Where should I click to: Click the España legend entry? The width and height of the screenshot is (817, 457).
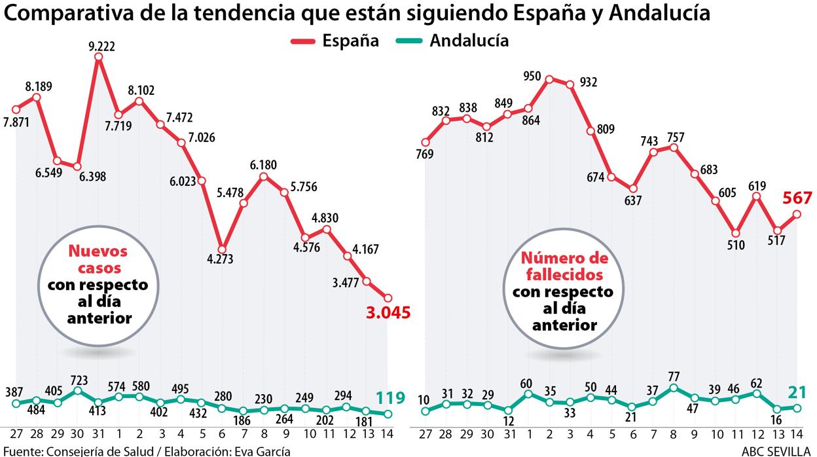click(335, 41)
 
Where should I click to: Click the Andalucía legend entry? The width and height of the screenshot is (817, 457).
click(452, 41)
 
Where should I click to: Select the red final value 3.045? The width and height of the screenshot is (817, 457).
click(388, 313)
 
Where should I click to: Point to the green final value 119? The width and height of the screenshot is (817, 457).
click(390, 398)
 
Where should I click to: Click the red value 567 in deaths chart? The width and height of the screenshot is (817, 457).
click(797, 198)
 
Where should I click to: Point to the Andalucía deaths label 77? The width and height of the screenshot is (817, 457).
click(673, 377)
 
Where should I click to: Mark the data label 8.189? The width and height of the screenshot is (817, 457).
click(39, 86)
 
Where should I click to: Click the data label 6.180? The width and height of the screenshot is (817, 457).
click(264, 164)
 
